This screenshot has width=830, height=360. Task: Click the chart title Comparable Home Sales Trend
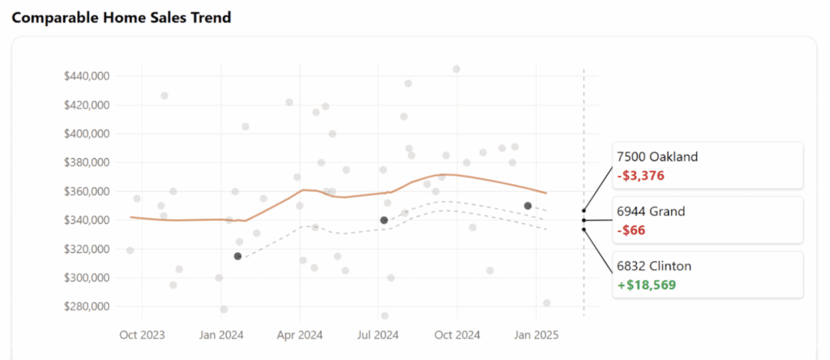tap(122, 18)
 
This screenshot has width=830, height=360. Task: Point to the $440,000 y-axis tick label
tap(87, 76)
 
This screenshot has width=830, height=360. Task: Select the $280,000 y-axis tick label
tap(87, 306)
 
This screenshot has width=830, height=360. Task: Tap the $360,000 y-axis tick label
tap(87, 191)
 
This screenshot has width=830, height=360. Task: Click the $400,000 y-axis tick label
tap(87, 134)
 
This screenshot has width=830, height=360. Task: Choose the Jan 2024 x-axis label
tap(221, 334)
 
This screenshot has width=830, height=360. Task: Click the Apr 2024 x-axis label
tap(300, 334)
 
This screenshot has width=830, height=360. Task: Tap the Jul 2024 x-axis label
tap(379, 334)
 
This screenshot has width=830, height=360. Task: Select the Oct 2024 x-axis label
tap(457, 334)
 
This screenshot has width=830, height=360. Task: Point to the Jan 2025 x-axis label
tap(535, 334)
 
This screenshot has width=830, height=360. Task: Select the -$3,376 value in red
tap(641, 175)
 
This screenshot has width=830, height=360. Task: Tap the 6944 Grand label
tap(651, 212)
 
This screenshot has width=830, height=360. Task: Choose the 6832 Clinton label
tap(654, 266)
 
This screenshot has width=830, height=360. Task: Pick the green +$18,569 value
tap(646, 285)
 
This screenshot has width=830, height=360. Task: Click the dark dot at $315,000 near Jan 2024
tap(237, 256)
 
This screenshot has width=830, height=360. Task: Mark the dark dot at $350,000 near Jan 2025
tap(528, 206)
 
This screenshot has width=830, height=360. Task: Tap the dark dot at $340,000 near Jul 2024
tap(384, 221)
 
